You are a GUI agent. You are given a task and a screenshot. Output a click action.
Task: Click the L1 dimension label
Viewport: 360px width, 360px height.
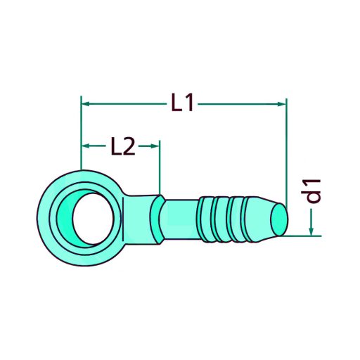point(181,103)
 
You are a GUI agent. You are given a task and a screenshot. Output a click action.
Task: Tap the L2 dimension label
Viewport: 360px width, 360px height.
point(122,146)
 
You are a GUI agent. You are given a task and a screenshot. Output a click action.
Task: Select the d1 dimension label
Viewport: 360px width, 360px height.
point(314,191)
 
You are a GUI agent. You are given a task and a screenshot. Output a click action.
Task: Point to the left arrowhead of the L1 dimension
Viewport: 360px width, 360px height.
point(86,104)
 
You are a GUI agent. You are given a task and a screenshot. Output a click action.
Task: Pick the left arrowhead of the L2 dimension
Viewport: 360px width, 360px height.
point(87,146)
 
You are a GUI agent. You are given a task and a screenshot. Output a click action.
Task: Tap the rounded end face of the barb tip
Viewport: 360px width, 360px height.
point(281,219)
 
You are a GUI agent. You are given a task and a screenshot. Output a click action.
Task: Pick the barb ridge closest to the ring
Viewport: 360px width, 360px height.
point(205,219)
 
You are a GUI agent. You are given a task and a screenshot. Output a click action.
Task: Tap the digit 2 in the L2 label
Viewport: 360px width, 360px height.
point(128,146)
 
